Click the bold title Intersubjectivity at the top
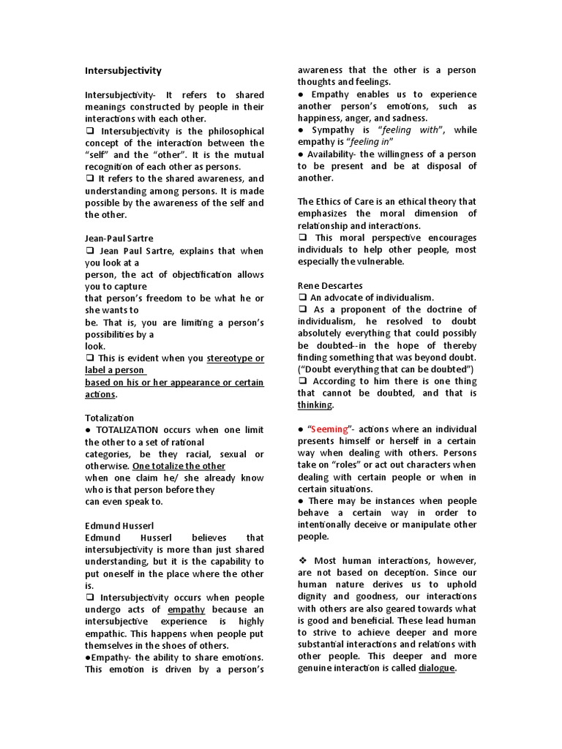(123, 71)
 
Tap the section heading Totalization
(110, 418)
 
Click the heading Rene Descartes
(330, 285)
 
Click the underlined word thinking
(315, 404)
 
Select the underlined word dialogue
(437, 668)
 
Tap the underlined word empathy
(186, 609)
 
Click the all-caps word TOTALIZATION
(130, 430)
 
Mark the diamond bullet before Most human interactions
(302, 560)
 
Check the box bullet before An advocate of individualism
(302, 298)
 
